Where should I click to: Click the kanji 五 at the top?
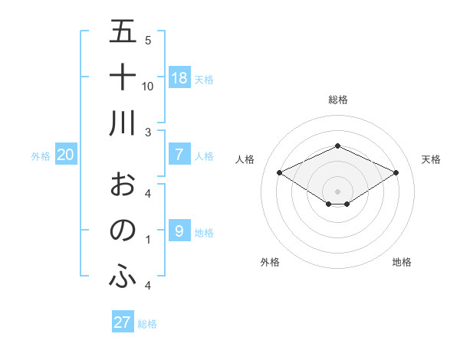coord(123,31)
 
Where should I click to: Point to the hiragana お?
coord(123,184)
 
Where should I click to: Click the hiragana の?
coord(123,230)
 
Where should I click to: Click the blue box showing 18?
coord(179,77)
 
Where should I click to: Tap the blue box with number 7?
coord(179,155)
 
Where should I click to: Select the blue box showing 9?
coord(179,231)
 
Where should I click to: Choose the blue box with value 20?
coord(66,155)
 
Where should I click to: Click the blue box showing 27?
coord(123,322)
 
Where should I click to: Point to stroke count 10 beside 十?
coord(148,86)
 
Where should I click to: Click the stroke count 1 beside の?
coord(148,240)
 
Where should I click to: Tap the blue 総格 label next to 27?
coord(147,324)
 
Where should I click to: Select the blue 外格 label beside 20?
coord(41,156)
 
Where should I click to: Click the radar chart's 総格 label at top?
coord(337,100)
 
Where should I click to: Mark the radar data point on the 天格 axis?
coord(396,172)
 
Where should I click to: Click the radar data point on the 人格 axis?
coord(279,172)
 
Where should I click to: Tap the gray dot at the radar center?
coord(337,191)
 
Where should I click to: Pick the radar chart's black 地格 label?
coord(402,262)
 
